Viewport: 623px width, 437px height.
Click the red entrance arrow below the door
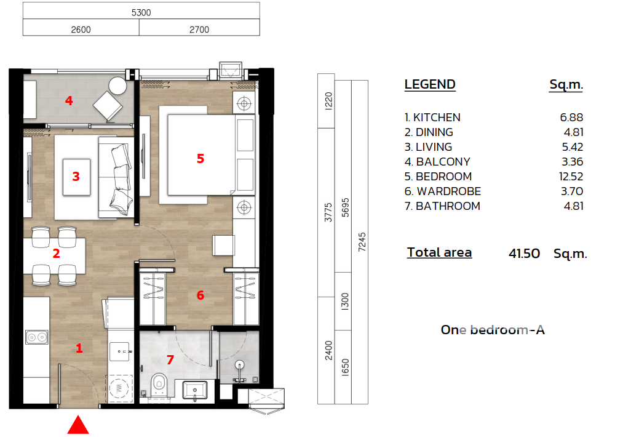click(78, 425)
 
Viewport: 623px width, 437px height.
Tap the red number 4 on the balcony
click(69, 101)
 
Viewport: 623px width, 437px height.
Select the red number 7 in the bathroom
click(170, 360)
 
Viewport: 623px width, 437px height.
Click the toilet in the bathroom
click(159, 383)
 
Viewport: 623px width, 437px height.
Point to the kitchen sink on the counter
click(36, 337)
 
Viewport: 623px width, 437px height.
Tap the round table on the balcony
click(117, 85)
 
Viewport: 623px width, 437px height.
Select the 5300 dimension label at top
click(141, 13)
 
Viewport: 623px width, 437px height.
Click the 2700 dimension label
click(199, 30)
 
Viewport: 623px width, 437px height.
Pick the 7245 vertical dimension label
click(362, 242)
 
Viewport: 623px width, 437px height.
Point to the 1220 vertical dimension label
click(328, 101)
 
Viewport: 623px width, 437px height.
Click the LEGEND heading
click(430, 84)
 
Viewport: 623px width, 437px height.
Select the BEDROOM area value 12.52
click(571, 177)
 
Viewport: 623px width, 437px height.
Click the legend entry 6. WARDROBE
click(443, 191)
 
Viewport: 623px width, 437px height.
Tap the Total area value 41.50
click(524, 254)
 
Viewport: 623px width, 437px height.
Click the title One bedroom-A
click(493, 330)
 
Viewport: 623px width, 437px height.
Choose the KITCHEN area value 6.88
click(571, 118)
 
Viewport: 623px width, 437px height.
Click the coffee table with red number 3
click(76, 177)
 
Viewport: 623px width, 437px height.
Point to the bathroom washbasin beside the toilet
click(195, 390)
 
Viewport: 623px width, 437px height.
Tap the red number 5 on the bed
click(200, 159)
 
